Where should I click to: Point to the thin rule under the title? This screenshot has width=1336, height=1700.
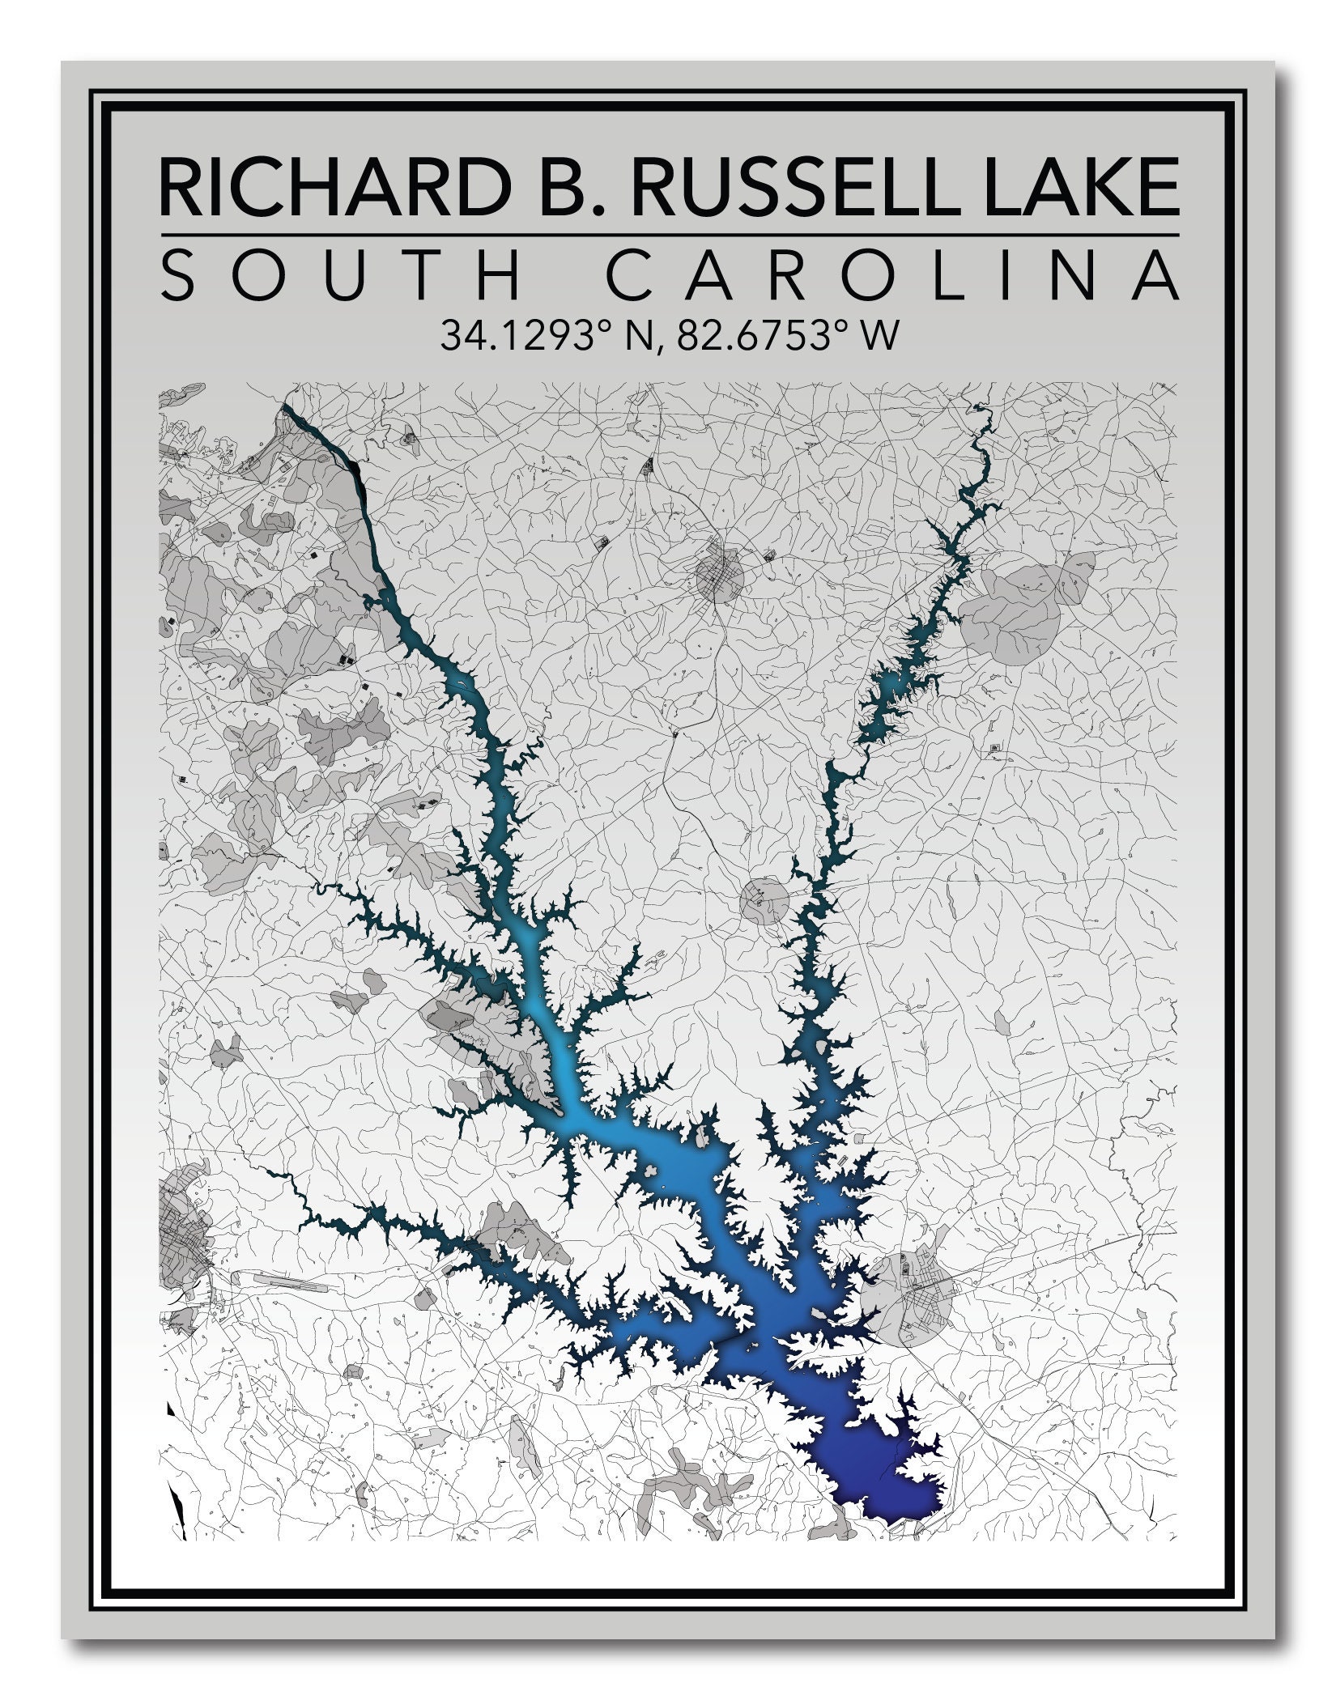click(x=669, y=236)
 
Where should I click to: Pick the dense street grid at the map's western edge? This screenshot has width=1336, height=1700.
click(x=185, y=1263)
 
